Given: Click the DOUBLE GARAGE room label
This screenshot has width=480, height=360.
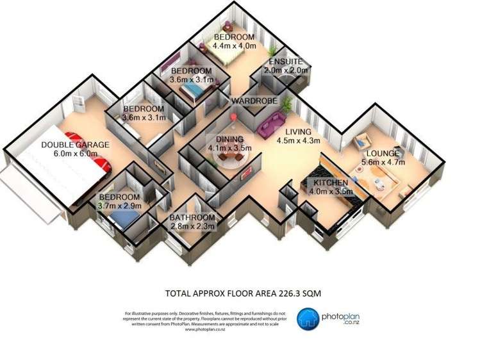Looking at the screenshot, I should click(74, 145).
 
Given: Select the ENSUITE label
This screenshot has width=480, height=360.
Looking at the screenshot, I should click(286, 61).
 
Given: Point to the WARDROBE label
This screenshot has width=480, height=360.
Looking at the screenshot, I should click(254, 101).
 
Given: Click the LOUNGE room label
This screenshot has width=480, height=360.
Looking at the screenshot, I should click(383, 154).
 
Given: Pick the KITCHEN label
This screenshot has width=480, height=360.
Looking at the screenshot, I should click(331, 183).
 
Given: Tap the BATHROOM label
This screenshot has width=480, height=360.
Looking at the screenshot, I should click(192, 218).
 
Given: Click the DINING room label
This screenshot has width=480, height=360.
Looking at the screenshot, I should click(229, 139).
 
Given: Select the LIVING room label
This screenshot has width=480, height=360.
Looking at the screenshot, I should click(298, 132).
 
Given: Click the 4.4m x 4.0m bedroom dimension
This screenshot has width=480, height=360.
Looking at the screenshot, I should click(235, 46).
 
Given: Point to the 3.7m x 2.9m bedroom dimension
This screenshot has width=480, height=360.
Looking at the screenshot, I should click(120, 206).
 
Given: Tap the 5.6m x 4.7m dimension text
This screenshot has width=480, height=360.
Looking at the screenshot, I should click(384, 163).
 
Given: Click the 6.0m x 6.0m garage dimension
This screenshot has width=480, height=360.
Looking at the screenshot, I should click(75, 154).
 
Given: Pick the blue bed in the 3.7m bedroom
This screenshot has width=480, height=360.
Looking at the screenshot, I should click(124, 220).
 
